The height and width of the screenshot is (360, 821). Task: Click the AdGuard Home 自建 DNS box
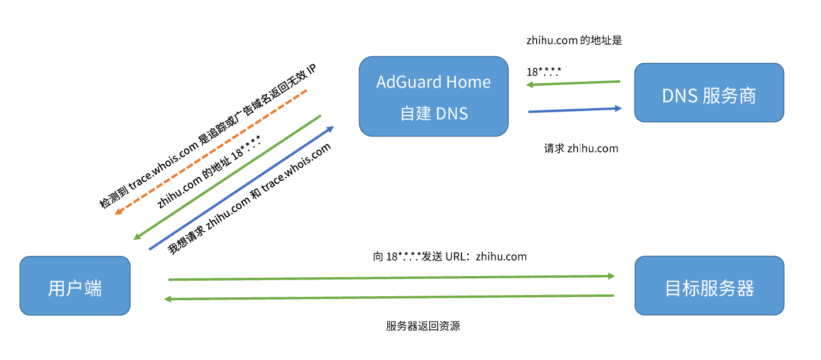click(434, 96)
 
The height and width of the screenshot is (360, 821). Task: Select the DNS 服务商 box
click(709, 93)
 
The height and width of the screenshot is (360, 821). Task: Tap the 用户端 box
click(75, 286)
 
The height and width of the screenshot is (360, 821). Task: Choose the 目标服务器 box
click(709, 286)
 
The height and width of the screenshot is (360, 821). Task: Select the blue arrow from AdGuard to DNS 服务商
click(575, 109)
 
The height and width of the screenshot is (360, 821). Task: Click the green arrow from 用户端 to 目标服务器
click(391, 278)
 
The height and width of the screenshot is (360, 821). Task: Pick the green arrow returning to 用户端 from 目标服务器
click(391, 297)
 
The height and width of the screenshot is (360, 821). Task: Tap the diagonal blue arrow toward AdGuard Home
click(240, 188)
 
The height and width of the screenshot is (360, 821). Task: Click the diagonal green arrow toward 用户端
click(227, 177)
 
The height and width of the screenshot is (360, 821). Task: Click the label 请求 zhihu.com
click(581, 148)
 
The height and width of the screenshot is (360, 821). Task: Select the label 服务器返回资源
click(423, 326)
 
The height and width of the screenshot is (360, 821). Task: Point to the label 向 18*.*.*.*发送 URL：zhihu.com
click(450, 256)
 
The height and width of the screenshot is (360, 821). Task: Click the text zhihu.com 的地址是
click(574, 41)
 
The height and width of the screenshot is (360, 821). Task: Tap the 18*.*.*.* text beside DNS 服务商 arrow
click(544, 72)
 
